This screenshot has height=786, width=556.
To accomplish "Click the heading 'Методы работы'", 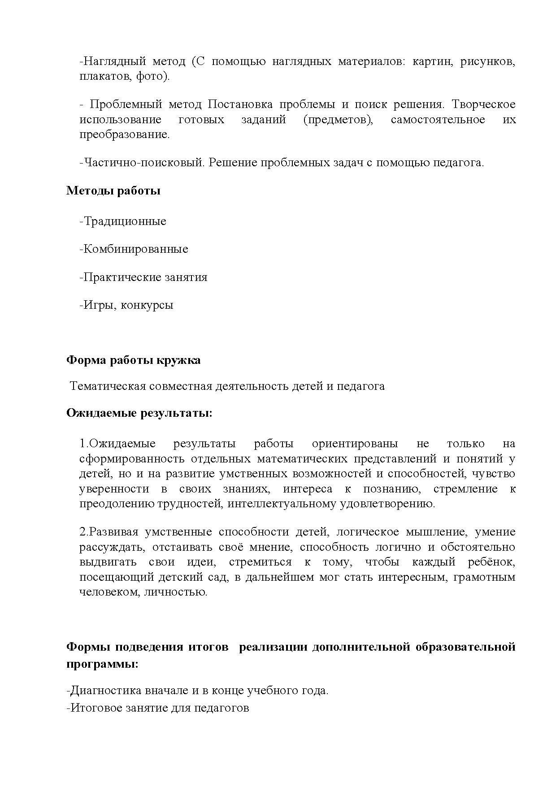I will tap(113, 191).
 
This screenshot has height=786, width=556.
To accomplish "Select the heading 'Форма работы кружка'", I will tap(133, 360).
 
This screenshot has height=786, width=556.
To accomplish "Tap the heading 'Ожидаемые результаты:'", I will tap(139, 413).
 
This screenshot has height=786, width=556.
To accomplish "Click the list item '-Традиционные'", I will tap(123, 221).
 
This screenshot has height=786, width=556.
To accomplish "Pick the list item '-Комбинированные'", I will tap(134, 249).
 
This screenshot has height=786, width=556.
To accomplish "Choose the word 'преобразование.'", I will tap(125, 134).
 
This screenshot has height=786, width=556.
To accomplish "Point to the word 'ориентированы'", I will tap(355, 444).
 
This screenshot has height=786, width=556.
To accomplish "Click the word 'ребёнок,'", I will tap(492, 562).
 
